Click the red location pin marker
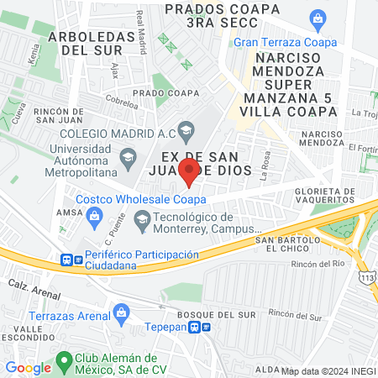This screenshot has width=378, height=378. coord(189,172)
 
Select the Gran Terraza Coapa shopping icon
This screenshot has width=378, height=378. coord(318,18)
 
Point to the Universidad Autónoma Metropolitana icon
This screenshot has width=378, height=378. coord(128,156)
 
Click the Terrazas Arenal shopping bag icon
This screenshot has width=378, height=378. coord(122,314)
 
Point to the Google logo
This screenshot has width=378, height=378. coord(28,367)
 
